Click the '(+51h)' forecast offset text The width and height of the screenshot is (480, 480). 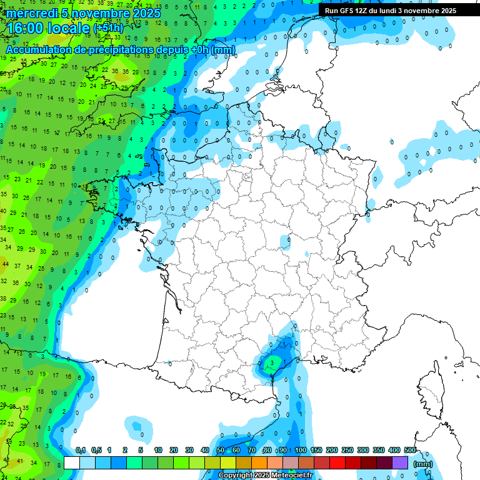tap(108, 28)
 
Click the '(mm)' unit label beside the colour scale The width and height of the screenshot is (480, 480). tap(423, 464)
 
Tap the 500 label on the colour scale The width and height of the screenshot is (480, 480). tap(410, 450)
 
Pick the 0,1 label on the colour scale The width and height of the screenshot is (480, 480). tap(81, 450)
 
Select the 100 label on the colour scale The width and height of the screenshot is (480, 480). tap(301, 450)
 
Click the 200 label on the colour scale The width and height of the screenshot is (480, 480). tap(332, 450)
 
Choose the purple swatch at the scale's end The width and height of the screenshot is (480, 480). tap(400, 462)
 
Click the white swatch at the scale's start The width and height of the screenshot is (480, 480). tap(72, 462)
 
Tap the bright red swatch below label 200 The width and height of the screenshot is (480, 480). tap(337, 462)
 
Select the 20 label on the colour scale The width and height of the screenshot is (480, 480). tap(173, 450)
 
